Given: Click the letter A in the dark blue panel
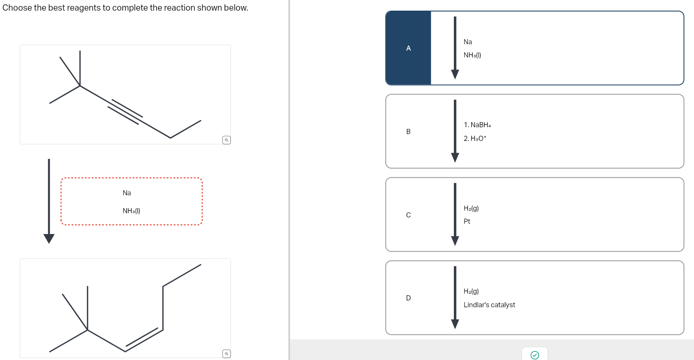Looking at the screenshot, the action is point(408,48).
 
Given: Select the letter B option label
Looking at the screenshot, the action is point(408,131).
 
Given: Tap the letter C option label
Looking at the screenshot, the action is point(408,215).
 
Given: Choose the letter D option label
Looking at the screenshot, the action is point(408,298).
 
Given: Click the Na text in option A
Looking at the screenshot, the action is point(467,42).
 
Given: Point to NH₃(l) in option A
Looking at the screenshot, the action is point(472,55).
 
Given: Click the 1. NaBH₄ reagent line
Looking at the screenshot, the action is point(477,125).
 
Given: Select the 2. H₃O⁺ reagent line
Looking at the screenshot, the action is point(475,138).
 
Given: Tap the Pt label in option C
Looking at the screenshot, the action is point(467,221).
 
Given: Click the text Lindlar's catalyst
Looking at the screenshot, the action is point(489,305).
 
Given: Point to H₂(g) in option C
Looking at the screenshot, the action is point(471,208).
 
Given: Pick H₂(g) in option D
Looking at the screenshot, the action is point(471,291).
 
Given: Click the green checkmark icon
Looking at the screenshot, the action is point(535,355).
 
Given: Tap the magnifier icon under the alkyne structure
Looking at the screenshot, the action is point(227,140).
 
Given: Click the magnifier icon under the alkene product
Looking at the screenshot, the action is point(227,354).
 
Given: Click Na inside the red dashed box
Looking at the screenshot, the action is point(126,193).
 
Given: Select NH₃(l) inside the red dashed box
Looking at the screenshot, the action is point(131,211).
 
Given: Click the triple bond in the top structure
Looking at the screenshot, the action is point(125,112).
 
